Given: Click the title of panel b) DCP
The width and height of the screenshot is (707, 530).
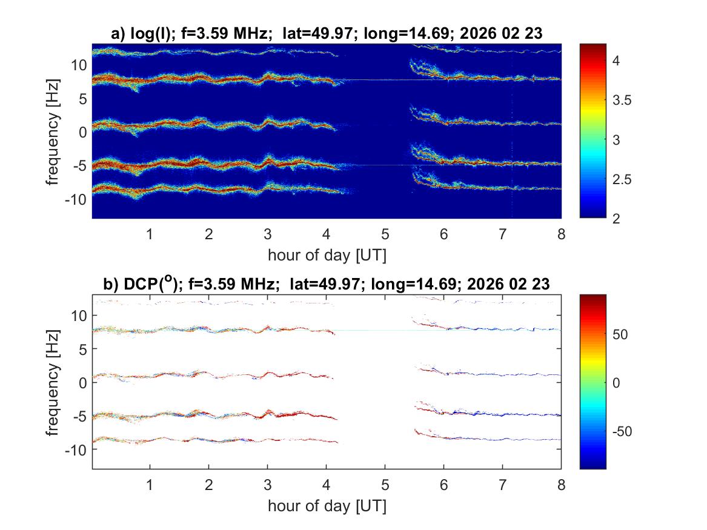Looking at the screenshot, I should click(x=327, y=283).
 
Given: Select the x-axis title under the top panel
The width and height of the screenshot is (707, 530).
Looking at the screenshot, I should click(x=327, y=255).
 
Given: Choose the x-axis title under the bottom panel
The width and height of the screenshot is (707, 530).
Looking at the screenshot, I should click(x=327, y=506).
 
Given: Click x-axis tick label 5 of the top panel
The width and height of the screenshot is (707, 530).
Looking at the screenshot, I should click(x=385, y=234).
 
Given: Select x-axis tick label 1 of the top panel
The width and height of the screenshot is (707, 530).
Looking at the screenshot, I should click(x=150, y=234).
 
